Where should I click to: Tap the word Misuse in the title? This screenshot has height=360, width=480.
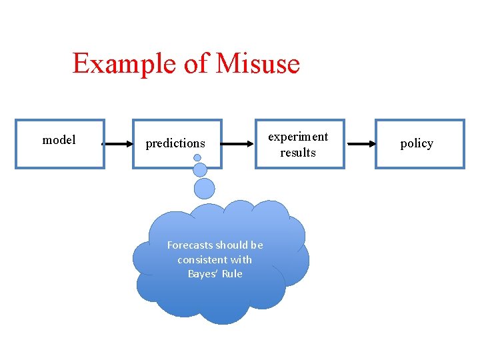point(258,64)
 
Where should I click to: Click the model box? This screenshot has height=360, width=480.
point(60,143)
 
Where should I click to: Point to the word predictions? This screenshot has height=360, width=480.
point(175,143)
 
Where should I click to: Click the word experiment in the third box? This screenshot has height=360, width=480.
point(298,137)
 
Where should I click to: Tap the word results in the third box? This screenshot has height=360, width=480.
point(298,153)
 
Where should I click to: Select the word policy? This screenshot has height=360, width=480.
point(417,143)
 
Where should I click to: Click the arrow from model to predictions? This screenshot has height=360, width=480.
point(119,143)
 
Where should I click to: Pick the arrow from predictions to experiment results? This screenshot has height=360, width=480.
point(239,143)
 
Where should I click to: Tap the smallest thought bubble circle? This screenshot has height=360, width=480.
point(197,158)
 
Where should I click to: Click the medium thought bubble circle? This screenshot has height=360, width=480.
point(200,169)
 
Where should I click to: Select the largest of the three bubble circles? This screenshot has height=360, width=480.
point(205,188)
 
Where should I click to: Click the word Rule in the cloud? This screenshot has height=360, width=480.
point(233,274)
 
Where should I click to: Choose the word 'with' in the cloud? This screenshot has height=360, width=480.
point(241,259)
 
